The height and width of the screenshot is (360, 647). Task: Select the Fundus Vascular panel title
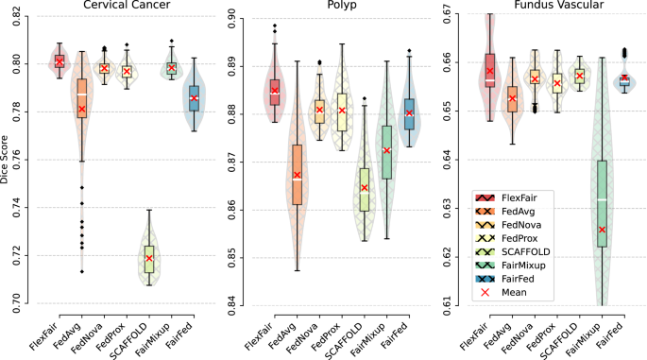pos(548,7)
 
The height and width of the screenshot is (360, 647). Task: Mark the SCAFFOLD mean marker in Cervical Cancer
pos(148,258)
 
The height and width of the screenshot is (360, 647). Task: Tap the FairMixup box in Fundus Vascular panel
pos(601,203)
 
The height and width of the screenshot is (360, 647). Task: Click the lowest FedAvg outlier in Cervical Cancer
pos(81,272)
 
